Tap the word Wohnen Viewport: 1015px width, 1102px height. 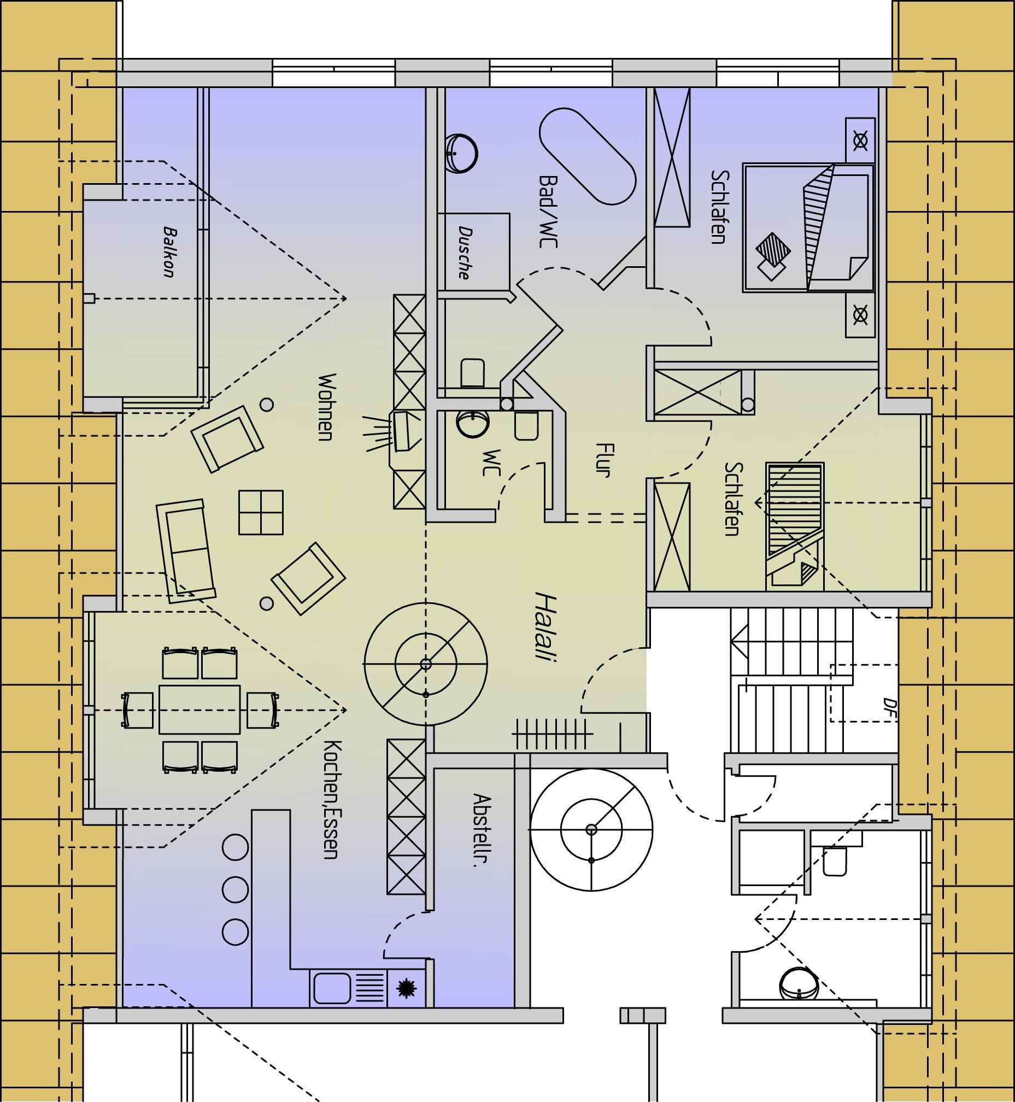(326, 407)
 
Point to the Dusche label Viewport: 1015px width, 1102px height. (465, 253)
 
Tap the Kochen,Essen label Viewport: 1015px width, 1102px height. (332, 799)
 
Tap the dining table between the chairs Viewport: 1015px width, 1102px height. (200, 709)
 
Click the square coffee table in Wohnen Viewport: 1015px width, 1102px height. (261, 512)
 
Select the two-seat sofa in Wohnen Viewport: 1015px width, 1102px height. (186, 551)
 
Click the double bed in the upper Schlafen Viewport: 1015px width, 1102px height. (808, 227)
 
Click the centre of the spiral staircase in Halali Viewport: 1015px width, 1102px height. (426, 664)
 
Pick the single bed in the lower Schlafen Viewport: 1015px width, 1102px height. (795, 526)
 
